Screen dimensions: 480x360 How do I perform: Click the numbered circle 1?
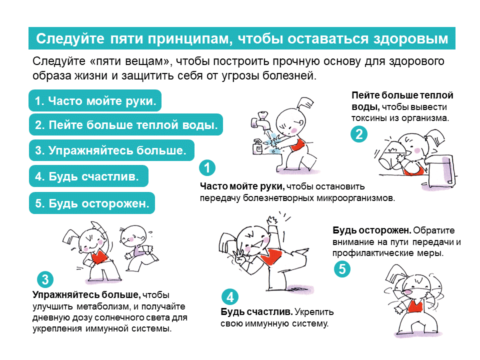click(x=207, y=168)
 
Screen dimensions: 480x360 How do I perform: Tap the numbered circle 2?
click(x=359, y=134)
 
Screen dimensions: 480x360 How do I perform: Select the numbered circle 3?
click(x=45, y=279)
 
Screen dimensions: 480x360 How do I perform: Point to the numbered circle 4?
click(x=230, y=296)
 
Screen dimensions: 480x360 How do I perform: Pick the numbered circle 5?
click(x=342, y=269)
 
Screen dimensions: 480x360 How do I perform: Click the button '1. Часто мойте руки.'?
click(x=95, y=100)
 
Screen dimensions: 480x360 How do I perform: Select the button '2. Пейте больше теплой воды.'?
click(x=126, y=124)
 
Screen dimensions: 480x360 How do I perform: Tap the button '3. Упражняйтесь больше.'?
click(x=111, y=150)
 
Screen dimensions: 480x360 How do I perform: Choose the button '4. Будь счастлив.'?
click(x=88, y=176)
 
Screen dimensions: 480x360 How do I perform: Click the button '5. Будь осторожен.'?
click(x=92, y=203)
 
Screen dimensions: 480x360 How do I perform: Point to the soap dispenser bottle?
click(x=258, y=146)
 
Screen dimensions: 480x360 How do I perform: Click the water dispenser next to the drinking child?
click(x=441, y=171)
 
